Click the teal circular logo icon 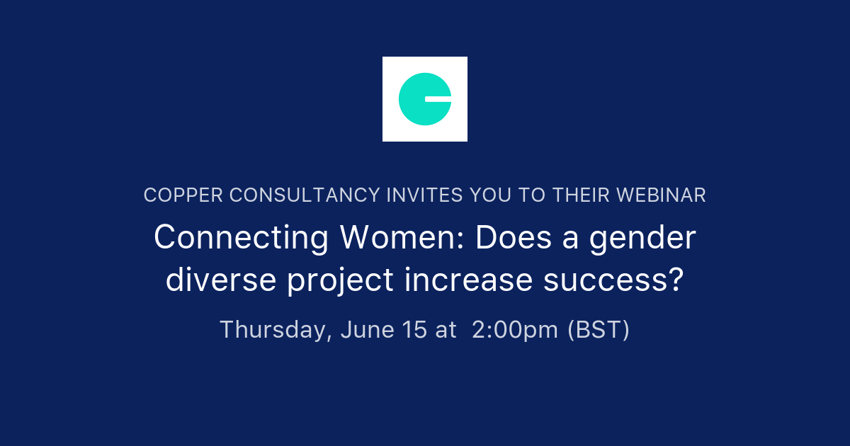point(424,99)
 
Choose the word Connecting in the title point(241,239)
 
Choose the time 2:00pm point(514,331)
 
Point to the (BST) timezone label point(599,331)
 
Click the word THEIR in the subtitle point(575,195)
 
